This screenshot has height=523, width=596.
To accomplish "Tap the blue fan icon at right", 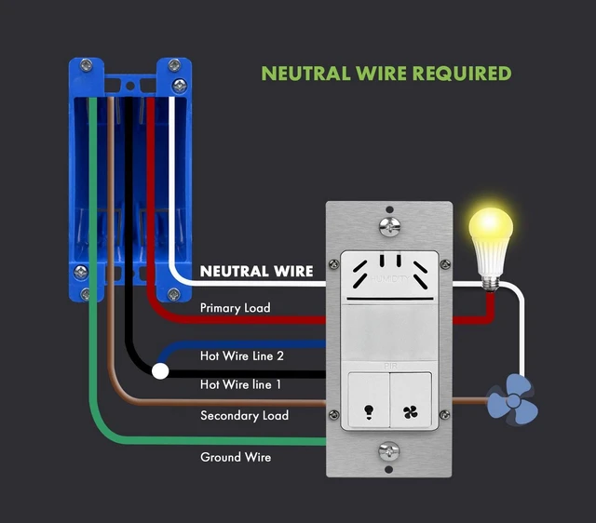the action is [x=513, y=399].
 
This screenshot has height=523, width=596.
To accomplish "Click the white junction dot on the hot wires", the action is [x=160, y=371].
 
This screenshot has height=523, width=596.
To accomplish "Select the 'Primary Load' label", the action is [x=236, y=308].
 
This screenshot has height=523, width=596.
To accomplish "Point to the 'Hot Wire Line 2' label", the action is [x=242, y=355].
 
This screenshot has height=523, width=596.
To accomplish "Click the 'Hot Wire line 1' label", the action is [x=240, y=384].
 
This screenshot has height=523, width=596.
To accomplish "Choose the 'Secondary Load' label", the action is [x=244, y=415].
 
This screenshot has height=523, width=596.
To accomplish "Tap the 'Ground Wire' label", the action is [x=236, y=457].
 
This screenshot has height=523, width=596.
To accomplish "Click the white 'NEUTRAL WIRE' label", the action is [x=257, y=271].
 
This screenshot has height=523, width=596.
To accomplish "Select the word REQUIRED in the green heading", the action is [x=462, y=74].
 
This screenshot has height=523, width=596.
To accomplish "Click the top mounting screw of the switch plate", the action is [x=389, y=226].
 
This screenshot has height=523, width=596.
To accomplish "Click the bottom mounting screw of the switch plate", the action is [x=389, y=451].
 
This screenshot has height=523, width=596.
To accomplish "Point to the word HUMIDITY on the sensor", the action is [x=389, y=279].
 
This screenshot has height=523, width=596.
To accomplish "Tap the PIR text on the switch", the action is [x=390, y=366].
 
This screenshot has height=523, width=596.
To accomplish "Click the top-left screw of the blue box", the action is [x=87, y=65].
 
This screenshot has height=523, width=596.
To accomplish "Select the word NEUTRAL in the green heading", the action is [x=305, y=74].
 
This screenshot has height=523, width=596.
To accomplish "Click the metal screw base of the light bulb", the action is [x=491, y=283].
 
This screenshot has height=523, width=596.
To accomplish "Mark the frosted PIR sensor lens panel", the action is [x=389, y=332].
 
